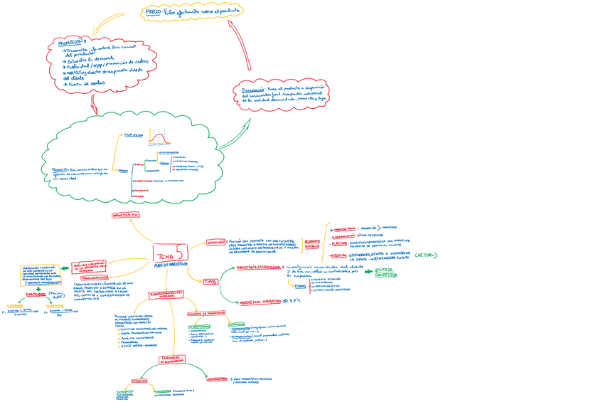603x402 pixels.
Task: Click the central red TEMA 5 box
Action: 170,253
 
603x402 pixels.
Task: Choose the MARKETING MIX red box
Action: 126,214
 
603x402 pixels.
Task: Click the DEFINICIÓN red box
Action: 215,242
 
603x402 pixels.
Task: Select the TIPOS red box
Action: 210,281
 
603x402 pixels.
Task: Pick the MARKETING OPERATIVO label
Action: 260,302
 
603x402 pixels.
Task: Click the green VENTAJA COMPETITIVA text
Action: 386,273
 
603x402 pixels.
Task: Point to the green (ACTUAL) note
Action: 426,255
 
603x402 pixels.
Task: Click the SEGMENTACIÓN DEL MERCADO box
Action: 166,294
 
